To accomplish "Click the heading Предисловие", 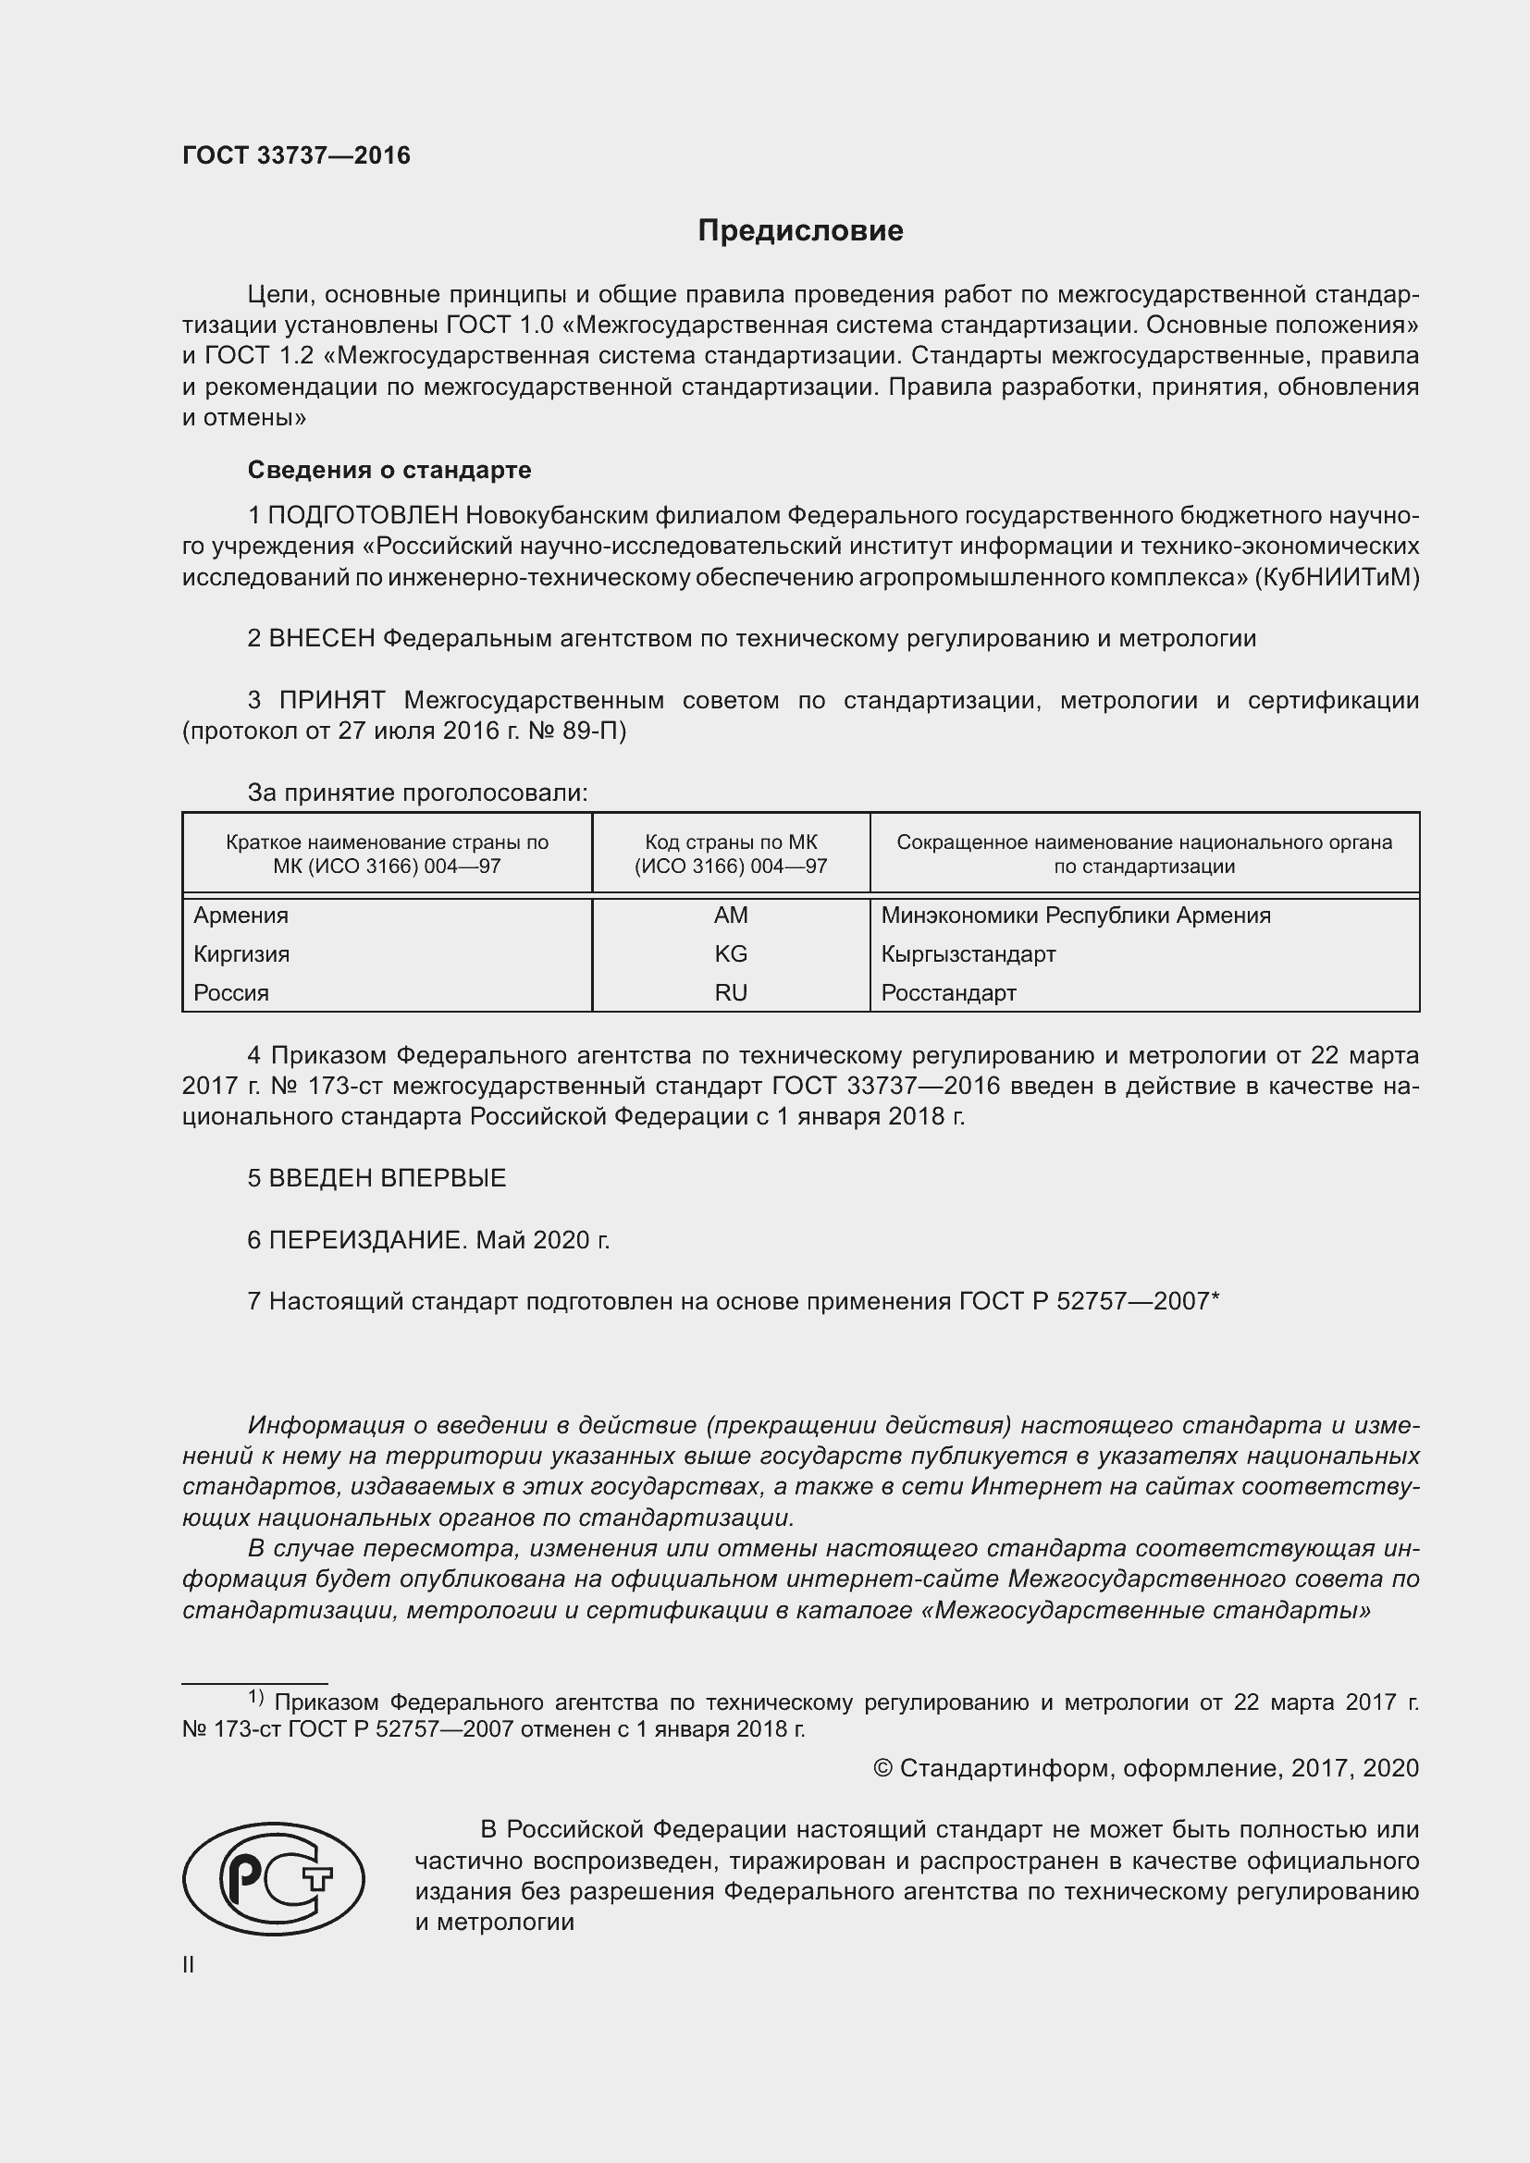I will (800, 231).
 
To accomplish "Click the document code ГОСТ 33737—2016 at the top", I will (296, 155).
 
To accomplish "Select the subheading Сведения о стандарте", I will (389, 469).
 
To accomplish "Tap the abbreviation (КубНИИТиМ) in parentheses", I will (1335, 577).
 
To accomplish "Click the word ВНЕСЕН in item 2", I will (322, 639).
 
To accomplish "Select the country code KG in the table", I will (730, 954).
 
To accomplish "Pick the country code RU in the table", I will (730, 993).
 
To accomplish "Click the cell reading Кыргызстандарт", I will (969, 954).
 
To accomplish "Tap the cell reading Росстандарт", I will (949, 993).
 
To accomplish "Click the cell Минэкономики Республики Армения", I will (1075, 916).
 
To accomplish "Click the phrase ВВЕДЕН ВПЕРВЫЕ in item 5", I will (388, 1178).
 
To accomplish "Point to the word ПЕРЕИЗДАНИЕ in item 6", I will (367, 1241).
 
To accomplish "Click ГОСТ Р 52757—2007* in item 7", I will (1089, 1302).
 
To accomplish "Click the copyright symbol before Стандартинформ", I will (882, 1768).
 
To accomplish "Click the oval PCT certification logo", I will (273, 1878).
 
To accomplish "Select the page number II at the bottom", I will (189, 1965).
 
